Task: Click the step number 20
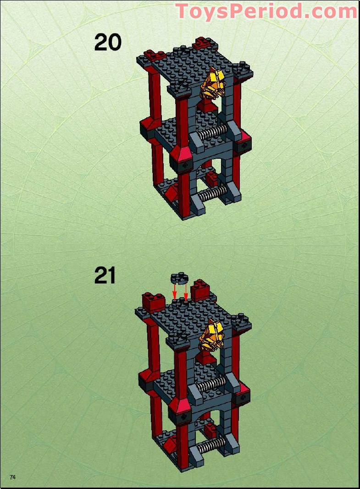coord(108,42)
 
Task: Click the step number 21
coord(105,276)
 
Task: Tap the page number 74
coord(13,477)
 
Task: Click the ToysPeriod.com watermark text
coord(266,11)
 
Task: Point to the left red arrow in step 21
coord(174,291)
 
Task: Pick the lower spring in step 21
coord(212,443)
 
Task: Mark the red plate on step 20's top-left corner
coord(155,56)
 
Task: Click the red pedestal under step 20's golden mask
coord(208,107)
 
